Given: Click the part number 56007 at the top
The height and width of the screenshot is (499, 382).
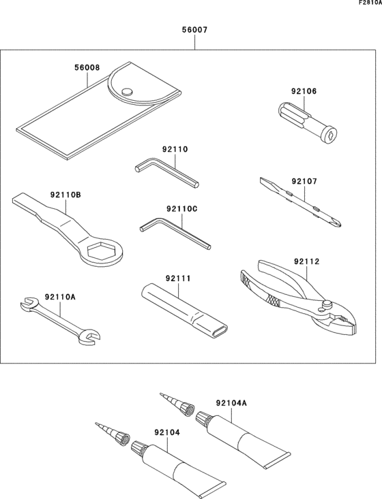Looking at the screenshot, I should (x=194, y=31).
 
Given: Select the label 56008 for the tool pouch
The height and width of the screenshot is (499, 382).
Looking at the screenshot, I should (x=87, y=68).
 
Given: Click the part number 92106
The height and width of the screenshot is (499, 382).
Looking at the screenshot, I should (x=304, y=91).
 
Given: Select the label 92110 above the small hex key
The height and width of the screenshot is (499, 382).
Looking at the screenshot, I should (x=175, y=149).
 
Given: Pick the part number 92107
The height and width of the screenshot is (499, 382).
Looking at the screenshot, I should (x=305, y=182).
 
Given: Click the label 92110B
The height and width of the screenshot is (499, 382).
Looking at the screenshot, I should (x=65, y=195).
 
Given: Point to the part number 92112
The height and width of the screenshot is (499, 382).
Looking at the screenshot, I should (x=307, y=261).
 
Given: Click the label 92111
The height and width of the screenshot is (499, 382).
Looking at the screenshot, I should (x=178, y=278).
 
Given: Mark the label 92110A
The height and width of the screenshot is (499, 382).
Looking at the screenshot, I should (x=60, y=297).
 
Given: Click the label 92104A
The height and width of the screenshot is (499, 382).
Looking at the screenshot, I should (x=232, y=403).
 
